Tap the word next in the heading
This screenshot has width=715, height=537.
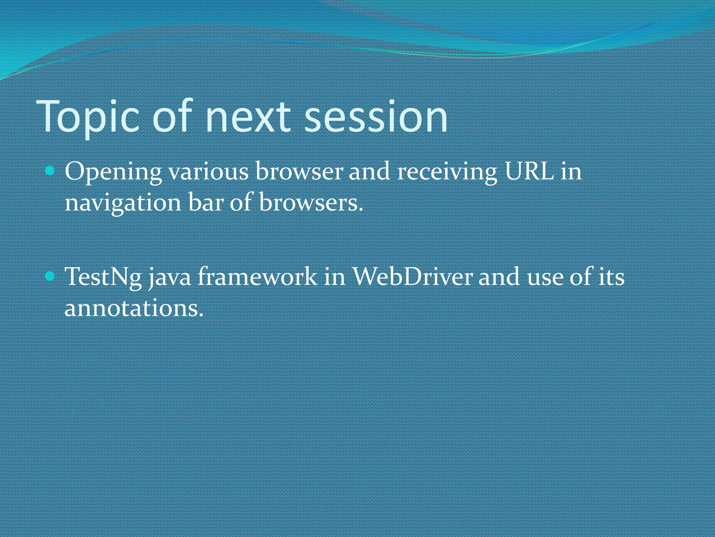click(x=248, y=117)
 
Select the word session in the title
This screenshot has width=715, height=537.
click(x=376, y=117)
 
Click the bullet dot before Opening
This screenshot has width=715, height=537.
click(x=50, y=171)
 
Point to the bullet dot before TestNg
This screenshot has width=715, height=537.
click(x=50, y=277)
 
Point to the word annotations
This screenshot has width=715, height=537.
click(x=134, y=308)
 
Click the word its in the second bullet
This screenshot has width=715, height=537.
click(x=612, y=277)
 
